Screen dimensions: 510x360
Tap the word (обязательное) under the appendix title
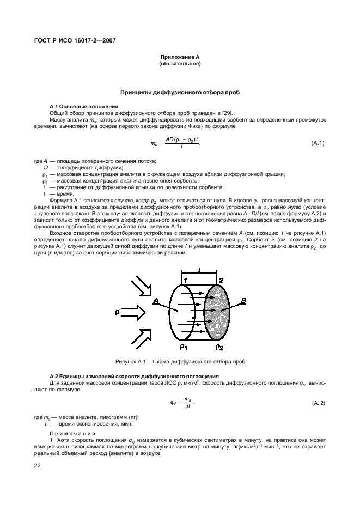coord(180,64)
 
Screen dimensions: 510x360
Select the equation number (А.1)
coord(318,143)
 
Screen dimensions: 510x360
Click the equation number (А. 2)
coord(318,402)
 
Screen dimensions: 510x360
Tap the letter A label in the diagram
coord(156,301)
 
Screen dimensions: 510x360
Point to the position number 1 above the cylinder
coord(185,280)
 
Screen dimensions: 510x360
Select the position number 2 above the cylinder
coord(221,280)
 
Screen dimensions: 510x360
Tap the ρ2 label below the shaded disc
coord(219,347)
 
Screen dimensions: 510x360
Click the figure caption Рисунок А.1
coord(180,362)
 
